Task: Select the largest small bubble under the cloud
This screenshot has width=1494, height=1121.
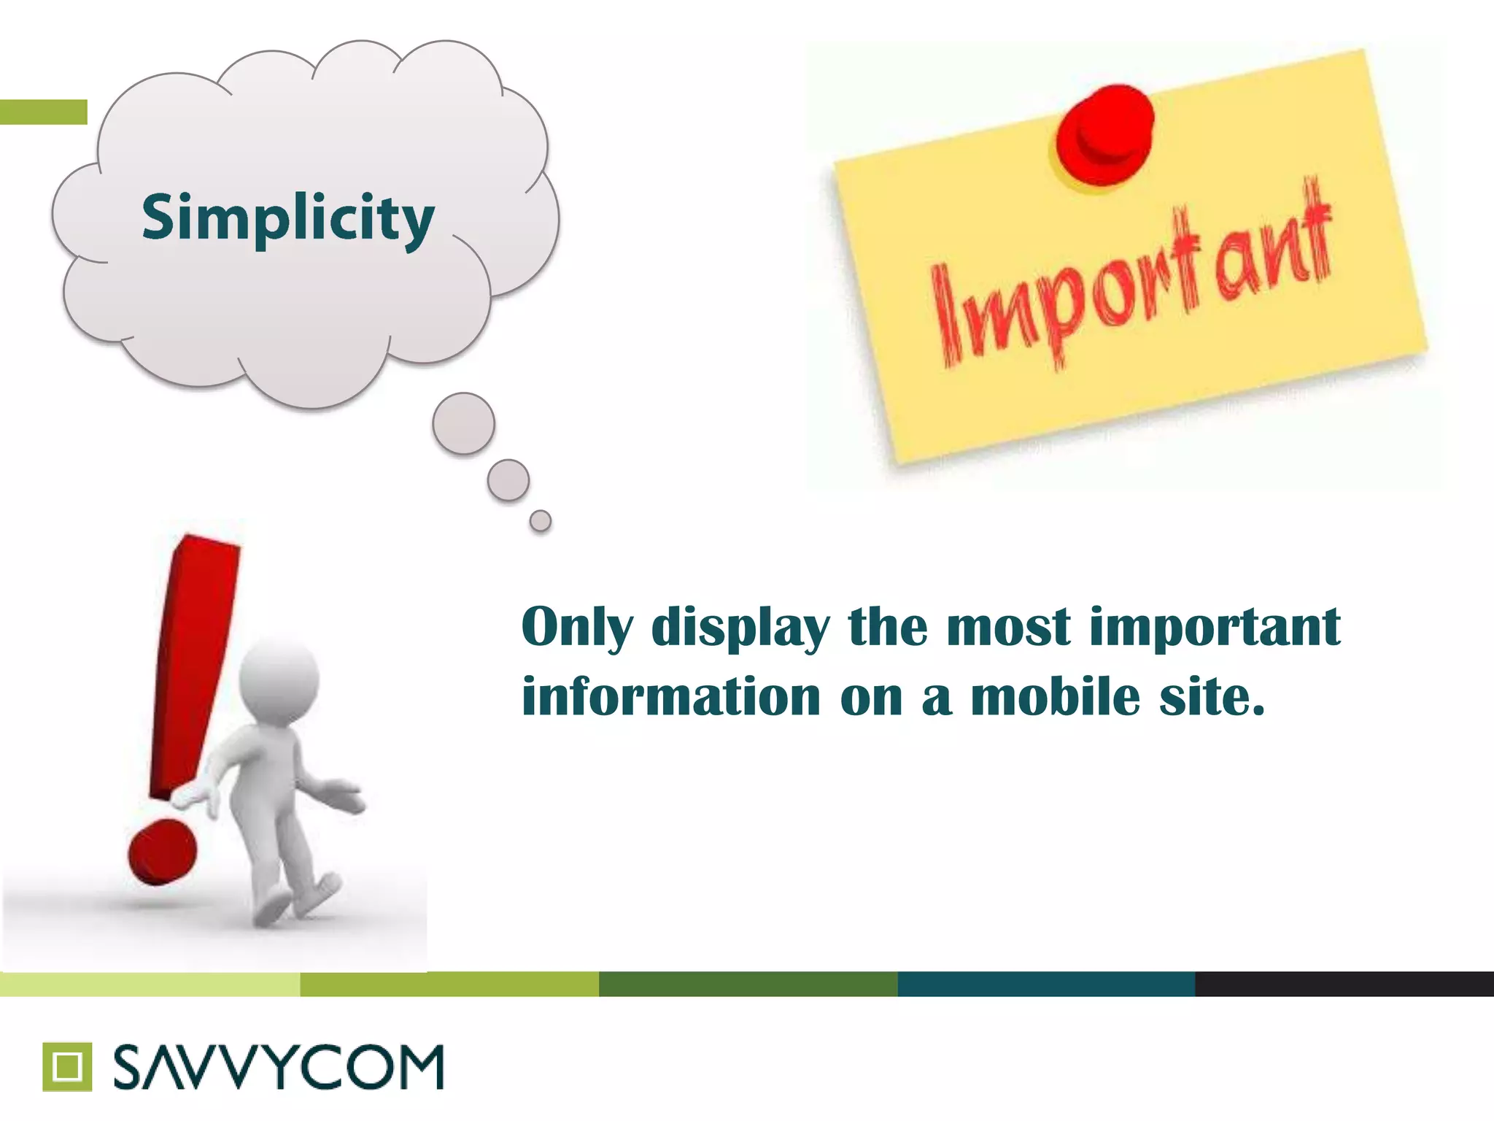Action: tap(463, 423)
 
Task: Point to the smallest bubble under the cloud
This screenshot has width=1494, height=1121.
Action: tap(541, 521)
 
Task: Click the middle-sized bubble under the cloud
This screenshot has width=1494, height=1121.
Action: tap(508, 480)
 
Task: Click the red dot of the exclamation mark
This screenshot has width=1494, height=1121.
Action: tap(162, 851)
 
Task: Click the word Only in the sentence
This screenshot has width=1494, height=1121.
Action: tap(577, 628)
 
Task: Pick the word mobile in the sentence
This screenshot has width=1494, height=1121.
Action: tap(1055, 697)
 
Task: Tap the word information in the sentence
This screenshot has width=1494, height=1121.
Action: tap(672, 697)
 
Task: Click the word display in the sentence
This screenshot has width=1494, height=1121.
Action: tap(740, 628)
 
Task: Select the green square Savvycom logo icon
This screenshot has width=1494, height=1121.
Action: tap(67, 1066)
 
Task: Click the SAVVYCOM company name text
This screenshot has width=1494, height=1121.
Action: tap(279, 1067)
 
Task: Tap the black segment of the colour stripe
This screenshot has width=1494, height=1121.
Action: tap(1344, 984)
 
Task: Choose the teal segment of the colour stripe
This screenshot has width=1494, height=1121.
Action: tap(1046, 984)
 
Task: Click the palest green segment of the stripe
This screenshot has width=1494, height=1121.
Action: tap(150, 984)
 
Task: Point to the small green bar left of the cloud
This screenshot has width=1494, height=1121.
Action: tap(44, 112)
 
